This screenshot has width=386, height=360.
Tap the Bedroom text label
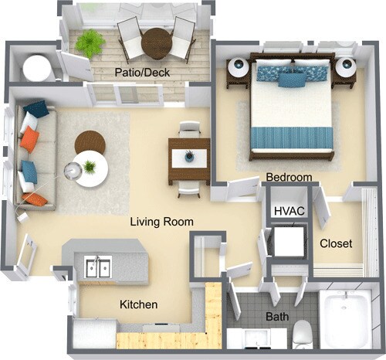[289, 178]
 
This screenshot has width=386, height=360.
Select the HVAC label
[288, 209]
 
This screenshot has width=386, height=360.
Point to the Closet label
[336, 243]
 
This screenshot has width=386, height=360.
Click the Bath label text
[277, 317]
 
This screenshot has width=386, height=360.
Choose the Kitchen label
[138, 304]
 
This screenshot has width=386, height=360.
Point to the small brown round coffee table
[89, 142]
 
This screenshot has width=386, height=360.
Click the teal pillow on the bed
[291, 79]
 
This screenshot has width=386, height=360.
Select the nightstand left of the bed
[238, 70]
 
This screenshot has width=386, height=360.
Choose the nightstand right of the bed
[345, 70]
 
